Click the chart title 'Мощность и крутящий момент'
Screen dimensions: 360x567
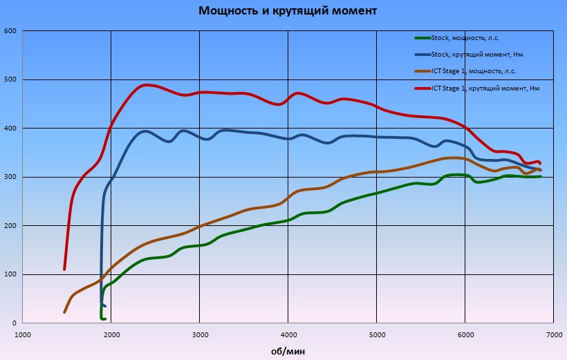288,11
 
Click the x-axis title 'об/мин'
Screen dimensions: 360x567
288,351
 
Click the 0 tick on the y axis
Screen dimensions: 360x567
14,323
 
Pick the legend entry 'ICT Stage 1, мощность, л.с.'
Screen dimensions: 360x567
474,71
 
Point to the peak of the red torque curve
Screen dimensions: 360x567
146,85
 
